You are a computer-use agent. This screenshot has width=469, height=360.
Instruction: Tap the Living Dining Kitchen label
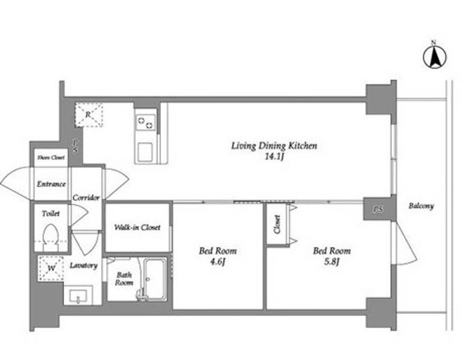(x=274, y=146)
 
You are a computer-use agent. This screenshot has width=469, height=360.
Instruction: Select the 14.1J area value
(x=274, y=157)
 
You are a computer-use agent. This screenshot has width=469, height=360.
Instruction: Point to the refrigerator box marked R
(x=89, y=115)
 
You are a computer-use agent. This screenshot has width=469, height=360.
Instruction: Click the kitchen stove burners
(x=145, y=122)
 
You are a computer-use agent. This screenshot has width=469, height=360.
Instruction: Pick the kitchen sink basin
(x=145, y=152)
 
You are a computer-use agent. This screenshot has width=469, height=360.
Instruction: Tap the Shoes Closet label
(x=51, y=158)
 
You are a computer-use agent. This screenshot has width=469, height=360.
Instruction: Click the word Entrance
(x=51, y=184)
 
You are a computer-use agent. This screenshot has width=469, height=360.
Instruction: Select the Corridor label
(x=86, y=198)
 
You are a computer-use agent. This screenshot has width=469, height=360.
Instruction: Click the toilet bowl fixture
(x=51, y=238)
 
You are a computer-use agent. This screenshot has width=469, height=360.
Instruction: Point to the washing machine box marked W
(x=51, y=268)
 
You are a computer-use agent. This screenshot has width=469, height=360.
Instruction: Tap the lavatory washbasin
(x=78, y=296)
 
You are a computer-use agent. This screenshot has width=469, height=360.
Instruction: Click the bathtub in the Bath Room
(x=154, y=279)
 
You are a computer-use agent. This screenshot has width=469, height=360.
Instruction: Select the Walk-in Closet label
(x=137, y=227)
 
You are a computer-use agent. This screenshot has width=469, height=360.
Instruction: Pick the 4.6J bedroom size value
(x=218, y=262)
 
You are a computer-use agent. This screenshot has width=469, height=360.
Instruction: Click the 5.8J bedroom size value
(x=332, y=262)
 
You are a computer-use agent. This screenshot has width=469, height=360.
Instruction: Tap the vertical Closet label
(x=277, y=225)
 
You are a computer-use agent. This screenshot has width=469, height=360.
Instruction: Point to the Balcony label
(x=421, y=206)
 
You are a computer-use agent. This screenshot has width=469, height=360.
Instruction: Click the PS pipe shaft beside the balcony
(x=378, y=209)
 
